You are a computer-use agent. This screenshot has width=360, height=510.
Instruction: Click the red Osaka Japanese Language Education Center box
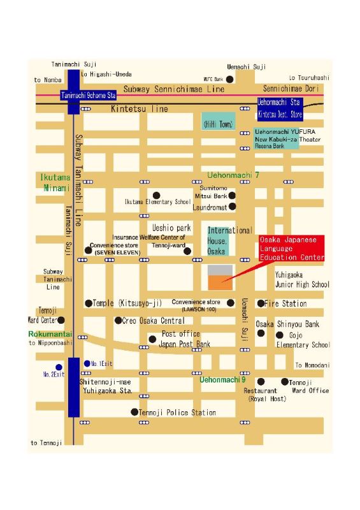[291, 249]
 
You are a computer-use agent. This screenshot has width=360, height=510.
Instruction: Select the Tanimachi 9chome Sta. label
[89, 95]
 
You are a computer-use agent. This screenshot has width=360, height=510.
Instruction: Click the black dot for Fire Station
[261, 303]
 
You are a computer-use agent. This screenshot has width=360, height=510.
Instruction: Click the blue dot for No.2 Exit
[59, 367]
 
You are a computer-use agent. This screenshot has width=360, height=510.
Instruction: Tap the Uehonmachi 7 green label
[234, 175]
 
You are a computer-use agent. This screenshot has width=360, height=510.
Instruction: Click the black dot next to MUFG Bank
[230, 79]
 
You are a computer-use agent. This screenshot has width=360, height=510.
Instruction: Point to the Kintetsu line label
[140, 109]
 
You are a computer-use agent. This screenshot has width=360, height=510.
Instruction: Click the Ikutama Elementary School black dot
[155, 195]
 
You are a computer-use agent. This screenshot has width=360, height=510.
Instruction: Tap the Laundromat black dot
[233, 207]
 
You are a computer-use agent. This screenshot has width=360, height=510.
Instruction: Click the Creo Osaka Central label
[154, 321]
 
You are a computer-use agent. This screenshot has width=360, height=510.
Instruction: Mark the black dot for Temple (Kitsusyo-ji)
[89, 303]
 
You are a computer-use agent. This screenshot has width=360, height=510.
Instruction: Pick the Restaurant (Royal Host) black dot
[261, 381]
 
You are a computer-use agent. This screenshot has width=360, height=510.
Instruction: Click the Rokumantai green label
[48, 334]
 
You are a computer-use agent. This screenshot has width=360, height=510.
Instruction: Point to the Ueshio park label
[171, 228]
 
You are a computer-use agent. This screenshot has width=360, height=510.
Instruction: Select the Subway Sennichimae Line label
[174, 90]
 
